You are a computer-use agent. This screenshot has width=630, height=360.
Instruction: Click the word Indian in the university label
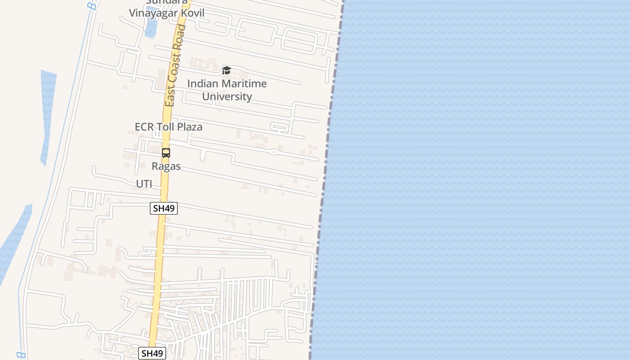[x=201, y=84]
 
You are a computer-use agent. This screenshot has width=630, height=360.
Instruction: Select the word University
[x=227, y=96]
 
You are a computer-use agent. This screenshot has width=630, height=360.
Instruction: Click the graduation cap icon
[x=226, y=71]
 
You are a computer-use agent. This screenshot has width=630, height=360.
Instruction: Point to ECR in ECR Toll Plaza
[x=144, y=127]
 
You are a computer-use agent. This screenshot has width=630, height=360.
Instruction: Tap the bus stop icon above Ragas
[x=166, y=153]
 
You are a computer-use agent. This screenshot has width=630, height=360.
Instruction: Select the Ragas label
[x=166, y=166]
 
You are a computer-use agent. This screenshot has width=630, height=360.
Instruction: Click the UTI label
[x=144, y=184]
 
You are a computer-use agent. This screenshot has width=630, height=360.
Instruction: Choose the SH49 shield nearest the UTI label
[x=164, y=208]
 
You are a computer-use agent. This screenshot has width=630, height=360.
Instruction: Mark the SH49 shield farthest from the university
[x=152, y=353]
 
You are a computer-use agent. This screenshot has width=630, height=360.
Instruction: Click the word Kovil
[x=193, y=13]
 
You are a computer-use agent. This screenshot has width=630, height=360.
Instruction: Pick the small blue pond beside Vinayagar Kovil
[x=151, y=27]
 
